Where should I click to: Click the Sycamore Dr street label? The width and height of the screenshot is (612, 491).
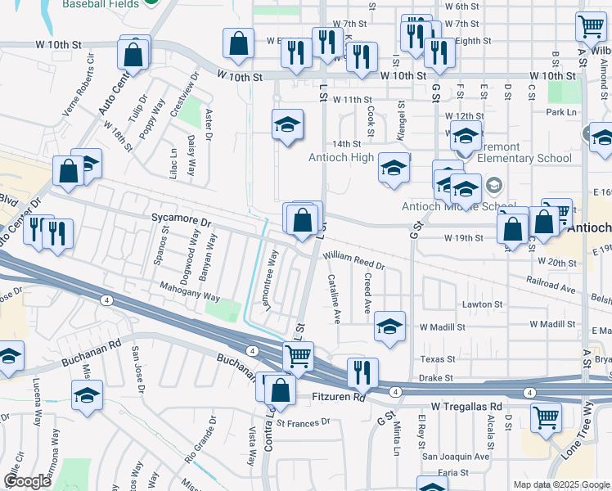(x=182, y=221)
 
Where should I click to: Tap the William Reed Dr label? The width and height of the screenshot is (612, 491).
(x=353, y=261)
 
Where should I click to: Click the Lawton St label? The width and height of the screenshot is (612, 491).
(x=482, y=304)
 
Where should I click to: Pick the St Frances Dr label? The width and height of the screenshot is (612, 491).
(x=302, y=423)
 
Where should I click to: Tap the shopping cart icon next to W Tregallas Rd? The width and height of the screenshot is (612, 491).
(x=546, y=417)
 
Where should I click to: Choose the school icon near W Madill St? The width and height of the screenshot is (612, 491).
(x=390, y=327)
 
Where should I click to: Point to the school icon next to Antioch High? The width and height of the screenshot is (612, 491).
(x=394, y=169)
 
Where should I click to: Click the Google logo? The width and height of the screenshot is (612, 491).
(x=28, y=480)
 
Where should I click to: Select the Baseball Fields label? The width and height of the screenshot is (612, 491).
(x=99, y=2)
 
